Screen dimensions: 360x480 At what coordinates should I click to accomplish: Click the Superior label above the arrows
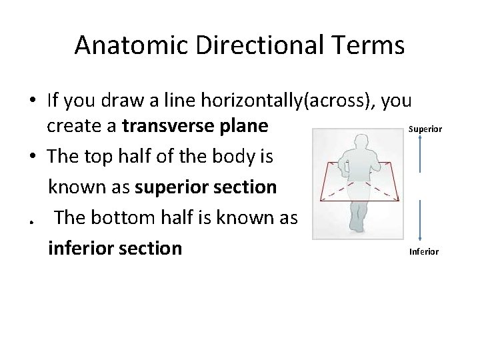pos(425,128)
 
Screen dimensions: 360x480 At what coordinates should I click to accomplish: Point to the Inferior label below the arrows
pos(423,251)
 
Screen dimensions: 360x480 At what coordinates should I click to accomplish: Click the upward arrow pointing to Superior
pos(420,157)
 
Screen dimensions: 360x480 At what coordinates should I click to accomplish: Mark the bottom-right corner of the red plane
pos(399,199)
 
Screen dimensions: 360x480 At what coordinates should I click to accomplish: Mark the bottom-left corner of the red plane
pos(321,199)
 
